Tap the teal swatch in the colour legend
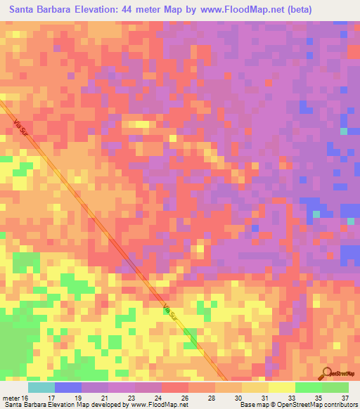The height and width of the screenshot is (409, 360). tap(41, 387)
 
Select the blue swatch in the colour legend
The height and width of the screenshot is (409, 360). tap(68, 387)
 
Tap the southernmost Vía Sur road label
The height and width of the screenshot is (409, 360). tap(169, 311)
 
